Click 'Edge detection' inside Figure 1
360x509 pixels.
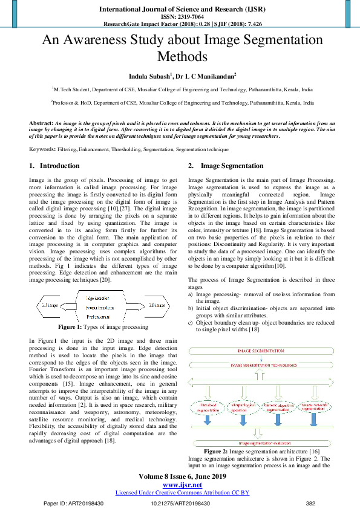(97, 299)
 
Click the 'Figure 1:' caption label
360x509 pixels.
(74, 327)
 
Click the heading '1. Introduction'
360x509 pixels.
(54, 166)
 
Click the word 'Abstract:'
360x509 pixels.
(41, 123)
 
